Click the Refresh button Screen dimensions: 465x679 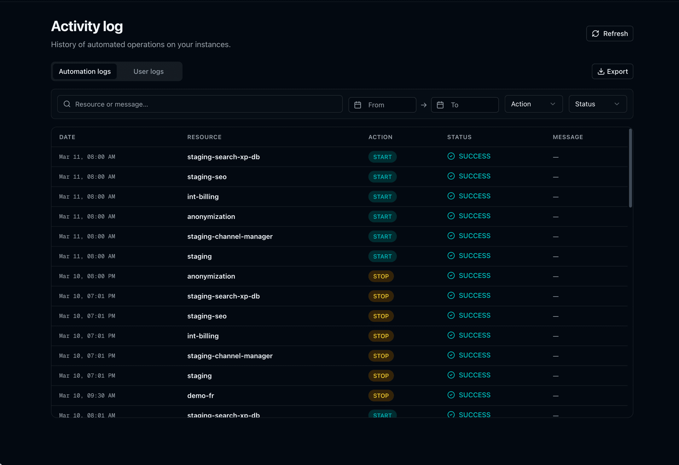point(609,34)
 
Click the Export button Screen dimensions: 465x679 point(612,71)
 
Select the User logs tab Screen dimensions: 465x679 point(149,71)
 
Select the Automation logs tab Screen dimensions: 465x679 point(85,71)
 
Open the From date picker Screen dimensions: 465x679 point(382,105)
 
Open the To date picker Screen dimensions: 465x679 point(465,105)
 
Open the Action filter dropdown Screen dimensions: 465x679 point(533,104)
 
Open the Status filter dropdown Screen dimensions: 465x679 point(597,104)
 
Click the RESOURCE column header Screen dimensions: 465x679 point(204,137)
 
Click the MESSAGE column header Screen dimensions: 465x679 point(568,137)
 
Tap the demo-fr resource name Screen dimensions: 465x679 point(201,396)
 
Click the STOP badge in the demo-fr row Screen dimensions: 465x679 point(381,396)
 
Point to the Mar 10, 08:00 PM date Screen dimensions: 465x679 point(87,276)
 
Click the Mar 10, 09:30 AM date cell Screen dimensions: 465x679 point(87,396)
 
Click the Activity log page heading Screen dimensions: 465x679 point(87,27)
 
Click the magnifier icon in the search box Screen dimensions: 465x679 point(67,104)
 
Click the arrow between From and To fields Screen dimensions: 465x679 point(424,105)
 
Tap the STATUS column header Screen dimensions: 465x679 point(459,137)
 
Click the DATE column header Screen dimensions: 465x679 point(67,137)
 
